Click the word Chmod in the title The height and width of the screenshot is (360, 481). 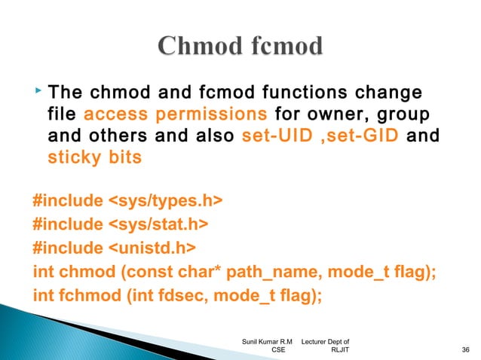(199, 47)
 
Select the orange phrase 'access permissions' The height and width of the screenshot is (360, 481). (176, 116)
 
